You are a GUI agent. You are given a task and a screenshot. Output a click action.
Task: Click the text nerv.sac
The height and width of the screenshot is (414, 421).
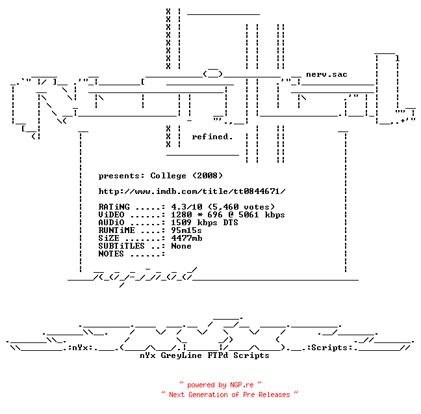coord(327,74)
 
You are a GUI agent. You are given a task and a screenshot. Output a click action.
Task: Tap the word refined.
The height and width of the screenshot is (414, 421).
coord(212,137)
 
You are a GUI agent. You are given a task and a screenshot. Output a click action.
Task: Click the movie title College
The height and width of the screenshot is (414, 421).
coord(168,176)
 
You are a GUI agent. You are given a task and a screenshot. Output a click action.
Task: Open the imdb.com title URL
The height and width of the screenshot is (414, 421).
coord(192,191)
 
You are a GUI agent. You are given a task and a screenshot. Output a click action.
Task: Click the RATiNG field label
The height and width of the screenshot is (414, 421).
coord(114,207)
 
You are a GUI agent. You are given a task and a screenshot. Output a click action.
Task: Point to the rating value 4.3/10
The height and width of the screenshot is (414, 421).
coord(187,207)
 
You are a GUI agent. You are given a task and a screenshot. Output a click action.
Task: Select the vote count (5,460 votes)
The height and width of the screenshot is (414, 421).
coord(242,207)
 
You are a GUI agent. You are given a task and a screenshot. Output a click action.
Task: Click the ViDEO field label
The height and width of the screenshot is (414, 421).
coord(112,215)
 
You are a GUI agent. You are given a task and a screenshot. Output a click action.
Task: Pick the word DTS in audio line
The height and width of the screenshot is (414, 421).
coord(231,223)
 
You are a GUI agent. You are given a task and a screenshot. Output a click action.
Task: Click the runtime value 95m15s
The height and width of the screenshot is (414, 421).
coord(186,230)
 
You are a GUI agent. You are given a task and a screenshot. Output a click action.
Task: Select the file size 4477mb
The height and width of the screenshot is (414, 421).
coord(187,238)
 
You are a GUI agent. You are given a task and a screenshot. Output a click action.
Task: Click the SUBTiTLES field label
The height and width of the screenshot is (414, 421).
coord(121,246)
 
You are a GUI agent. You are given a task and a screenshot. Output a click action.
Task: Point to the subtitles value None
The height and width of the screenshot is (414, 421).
coord(181,246)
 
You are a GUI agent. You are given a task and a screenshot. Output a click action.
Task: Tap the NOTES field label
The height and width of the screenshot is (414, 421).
coord(111,254)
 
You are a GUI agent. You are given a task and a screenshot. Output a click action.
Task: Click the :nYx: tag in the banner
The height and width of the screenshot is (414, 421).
coord(81,348)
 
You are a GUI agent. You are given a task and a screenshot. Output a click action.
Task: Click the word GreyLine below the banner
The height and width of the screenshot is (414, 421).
coord(181,355)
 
